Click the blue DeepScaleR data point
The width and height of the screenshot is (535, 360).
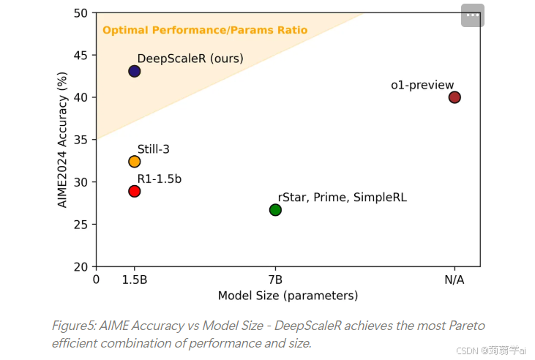tap(135, 71)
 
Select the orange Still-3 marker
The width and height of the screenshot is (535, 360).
tap(135, 161)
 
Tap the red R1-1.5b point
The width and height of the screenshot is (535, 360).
tap(135, 191)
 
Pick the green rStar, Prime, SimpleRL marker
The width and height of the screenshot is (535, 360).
tap(275, 210)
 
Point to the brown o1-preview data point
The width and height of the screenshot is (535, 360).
tap(454, 97)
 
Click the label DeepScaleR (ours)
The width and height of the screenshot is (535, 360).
tap(190, 59)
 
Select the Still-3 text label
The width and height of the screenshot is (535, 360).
tap(154, 149)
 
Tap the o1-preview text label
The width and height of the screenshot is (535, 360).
tap(422, 86)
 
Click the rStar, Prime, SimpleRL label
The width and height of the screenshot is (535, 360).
tap(342, 198)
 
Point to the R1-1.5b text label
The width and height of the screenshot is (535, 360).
tap(160, 179)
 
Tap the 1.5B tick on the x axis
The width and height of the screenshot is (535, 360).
tap(135, 280)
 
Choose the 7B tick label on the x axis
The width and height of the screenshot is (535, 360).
tap(275, 280)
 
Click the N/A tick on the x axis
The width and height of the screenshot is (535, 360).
tap(454, 280)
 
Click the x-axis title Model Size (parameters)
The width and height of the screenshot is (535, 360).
tap(288, 296)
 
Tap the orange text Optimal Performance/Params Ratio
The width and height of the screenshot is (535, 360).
tap(205, 30)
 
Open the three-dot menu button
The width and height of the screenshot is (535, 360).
tap(473, 15)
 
